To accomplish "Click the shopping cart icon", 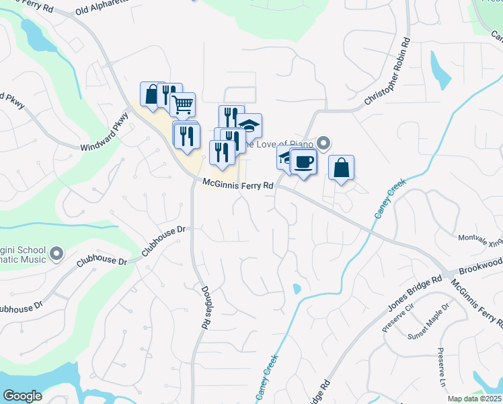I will (182, 105).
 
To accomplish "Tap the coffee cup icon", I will (303, 162).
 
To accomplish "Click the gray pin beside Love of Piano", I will (324, 143).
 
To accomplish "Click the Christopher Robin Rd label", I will (388, 75).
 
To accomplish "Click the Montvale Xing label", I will (480, 240).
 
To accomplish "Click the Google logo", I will (23, 396).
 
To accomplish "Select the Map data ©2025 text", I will (474, 399).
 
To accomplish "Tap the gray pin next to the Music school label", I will (56, 255).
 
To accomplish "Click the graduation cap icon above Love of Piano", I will (249, 126).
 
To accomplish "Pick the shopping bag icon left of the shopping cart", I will (152, 94).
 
